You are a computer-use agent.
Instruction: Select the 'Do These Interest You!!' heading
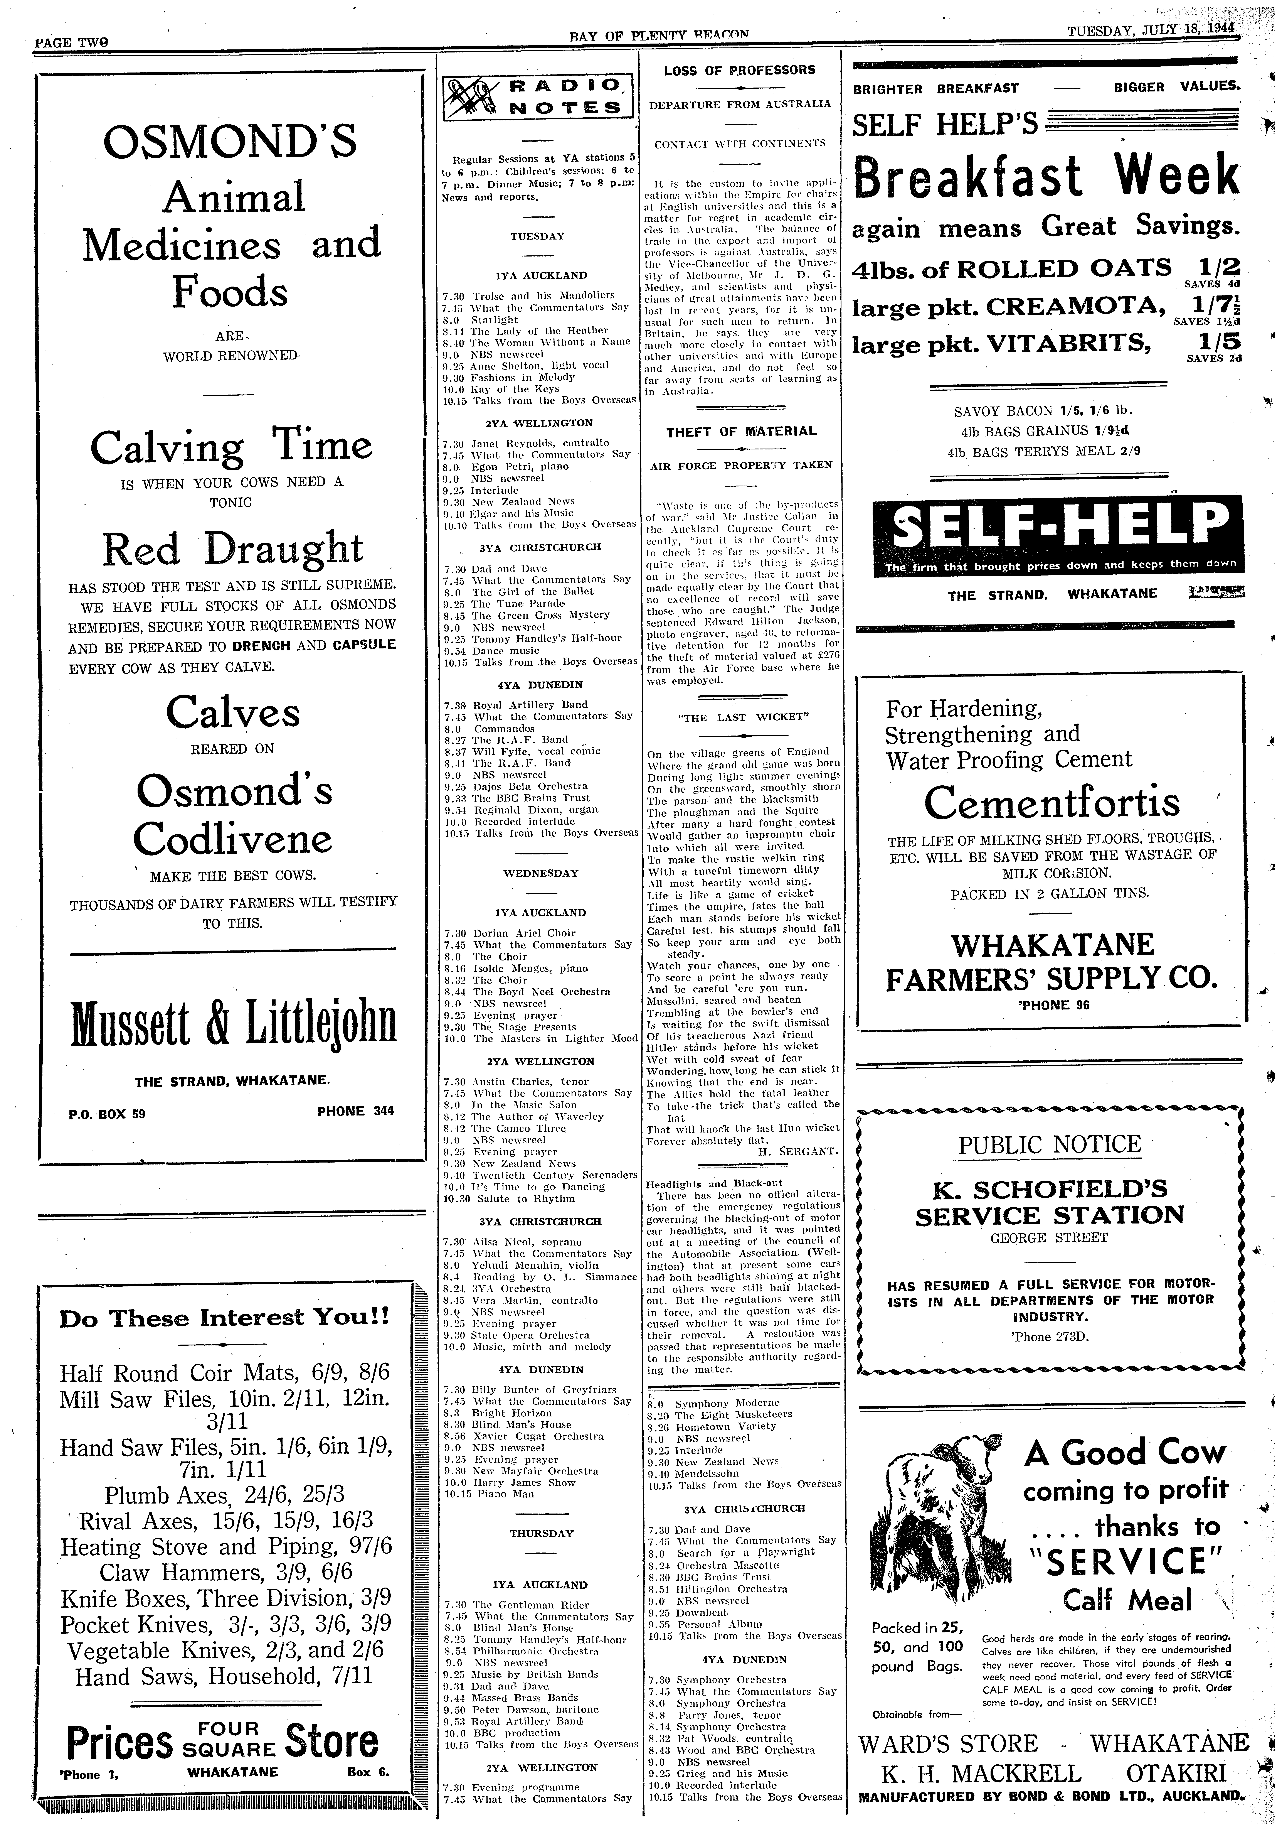pyautogui.click(x=225, y=1318)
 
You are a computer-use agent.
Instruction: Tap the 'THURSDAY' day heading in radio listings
pyautogui.click(x=541, y=1533)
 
